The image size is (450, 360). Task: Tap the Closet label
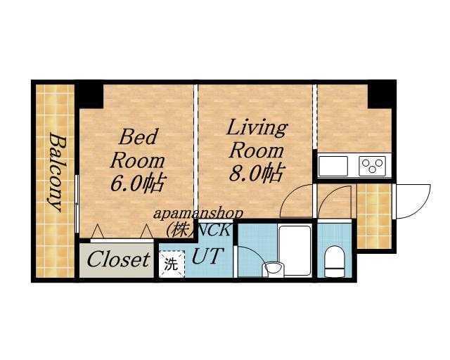pos(119,259)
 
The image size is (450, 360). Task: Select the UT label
pos(207,256)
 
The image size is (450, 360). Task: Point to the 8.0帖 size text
pos(257,172)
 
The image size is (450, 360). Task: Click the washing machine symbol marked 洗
pos(172,264)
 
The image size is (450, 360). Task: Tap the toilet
pos(334,261)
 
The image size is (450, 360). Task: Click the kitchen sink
pos(333,166)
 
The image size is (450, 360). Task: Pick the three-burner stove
pos(372,166)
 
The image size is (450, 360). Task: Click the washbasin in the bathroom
pos(274,269)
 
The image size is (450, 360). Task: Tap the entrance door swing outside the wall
pos(413,201)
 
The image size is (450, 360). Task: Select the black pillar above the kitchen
pos(380,96)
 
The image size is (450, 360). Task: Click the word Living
pos(257,128)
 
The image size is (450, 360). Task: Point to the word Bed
pos(139,136)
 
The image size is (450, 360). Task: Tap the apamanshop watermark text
pos(198,214)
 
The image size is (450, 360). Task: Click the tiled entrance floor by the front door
pos(374,216)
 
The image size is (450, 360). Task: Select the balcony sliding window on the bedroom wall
pos(77,203)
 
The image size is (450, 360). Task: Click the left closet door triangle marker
pos(97,231)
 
